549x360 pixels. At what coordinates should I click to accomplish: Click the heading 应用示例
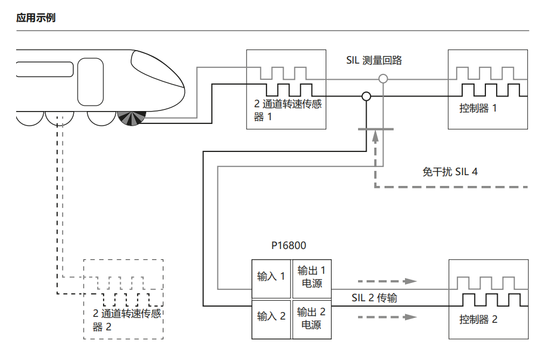click(x=36, y=18)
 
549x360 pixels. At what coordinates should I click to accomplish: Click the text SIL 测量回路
click(x=374, y=60)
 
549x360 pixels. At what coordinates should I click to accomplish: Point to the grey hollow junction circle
click(x=383, y=79)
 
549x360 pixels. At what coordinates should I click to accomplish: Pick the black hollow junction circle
click(x=366, y=96)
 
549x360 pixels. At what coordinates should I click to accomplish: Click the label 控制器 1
click(x=478, y=108)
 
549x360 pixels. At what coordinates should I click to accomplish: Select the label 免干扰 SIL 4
click(x=450, y=172)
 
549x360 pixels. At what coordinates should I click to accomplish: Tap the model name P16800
click(x=289, y=246)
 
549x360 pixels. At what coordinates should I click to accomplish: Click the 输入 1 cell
click(x=271, y=276)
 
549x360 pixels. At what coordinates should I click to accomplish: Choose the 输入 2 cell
click(x=271, y=316)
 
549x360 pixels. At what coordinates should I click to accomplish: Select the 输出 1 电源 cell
click(x=311, y=277)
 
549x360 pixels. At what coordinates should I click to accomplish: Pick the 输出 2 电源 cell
click(x=311, y=319)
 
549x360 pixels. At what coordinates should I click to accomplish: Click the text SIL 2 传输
click(x=374, y=297)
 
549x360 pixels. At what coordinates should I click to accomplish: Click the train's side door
click(x=90, y=82)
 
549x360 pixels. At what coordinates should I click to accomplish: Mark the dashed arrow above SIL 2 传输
click(x=388, y=281)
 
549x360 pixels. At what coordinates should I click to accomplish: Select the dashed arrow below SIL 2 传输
click(x=388, y=316)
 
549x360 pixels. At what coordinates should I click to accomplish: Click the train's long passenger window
click(x=44, y=70)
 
